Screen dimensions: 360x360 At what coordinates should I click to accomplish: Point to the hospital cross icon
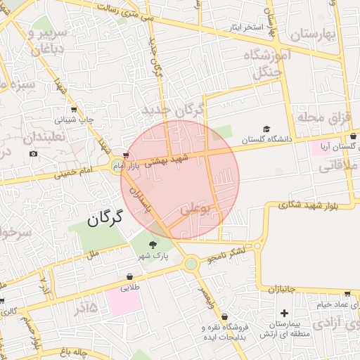click(284, 312)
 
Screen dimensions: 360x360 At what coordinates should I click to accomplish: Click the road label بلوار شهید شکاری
click(307, 205)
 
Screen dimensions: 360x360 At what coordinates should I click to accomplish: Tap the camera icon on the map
click(33, 153)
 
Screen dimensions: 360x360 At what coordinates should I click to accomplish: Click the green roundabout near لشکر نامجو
click(191, 263)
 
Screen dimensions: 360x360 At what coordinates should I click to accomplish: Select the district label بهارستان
click(307, 34)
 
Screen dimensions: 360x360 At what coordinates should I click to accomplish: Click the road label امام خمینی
click(77, 170)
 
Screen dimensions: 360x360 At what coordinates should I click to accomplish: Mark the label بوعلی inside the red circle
click(196, 209)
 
